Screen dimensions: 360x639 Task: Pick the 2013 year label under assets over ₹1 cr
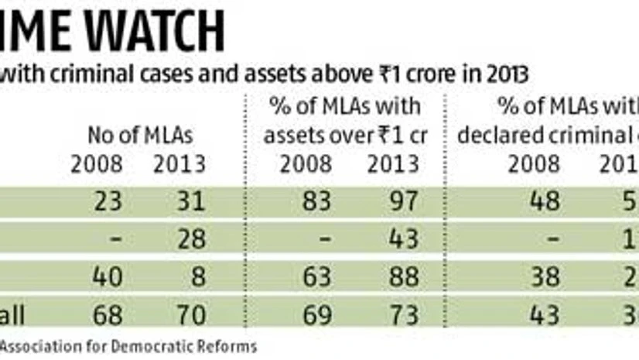click(x=395, y=163)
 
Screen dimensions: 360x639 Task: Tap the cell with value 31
click(x=188, y=201)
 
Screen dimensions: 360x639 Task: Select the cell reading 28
click(x=188, y=238)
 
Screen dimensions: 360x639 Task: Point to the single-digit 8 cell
click(x=196, y=276)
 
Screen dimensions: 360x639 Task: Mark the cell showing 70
click(x=188, y=315)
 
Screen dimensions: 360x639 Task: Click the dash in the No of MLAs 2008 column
click(x=112, y=238)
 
